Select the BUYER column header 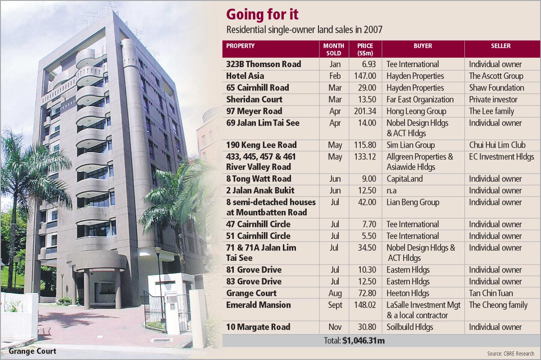coord(423,46)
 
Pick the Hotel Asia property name coord(245,76)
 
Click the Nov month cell coord(334,327)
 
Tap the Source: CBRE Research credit coord(510,353)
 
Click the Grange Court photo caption coord(32,351)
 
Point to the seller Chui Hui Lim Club coord(497,145)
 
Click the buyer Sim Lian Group coord(410,145)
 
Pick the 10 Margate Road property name coord(258,327)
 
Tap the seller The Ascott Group coord(496,76)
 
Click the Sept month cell coord(334,305)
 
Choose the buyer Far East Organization coord(420,100)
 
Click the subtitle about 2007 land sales coord(304,30)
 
